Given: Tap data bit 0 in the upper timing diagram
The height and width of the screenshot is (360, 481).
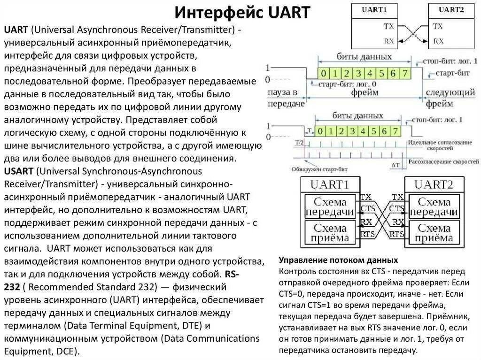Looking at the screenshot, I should point(323,73).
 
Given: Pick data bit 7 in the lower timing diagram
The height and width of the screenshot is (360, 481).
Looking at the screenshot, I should point(396,130).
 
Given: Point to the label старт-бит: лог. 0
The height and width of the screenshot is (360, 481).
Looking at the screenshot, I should point(344,84).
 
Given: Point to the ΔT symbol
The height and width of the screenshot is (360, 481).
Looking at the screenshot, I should point(396,165).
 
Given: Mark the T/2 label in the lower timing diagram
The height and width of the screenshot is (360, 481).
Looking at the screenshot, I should point(299,142).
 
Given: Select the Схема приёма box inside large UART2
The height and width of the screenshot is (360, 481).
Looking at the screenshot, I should point(434,233).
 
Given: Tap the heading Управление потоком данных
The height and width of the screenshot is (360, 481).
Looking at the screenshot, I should point(338,260).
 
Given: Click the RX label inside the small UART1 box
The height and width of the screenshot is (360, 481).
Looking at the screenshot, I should point(389,41).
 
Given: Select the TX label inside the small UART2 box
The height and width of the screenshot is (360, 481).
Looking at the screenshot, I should point(438,26).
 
